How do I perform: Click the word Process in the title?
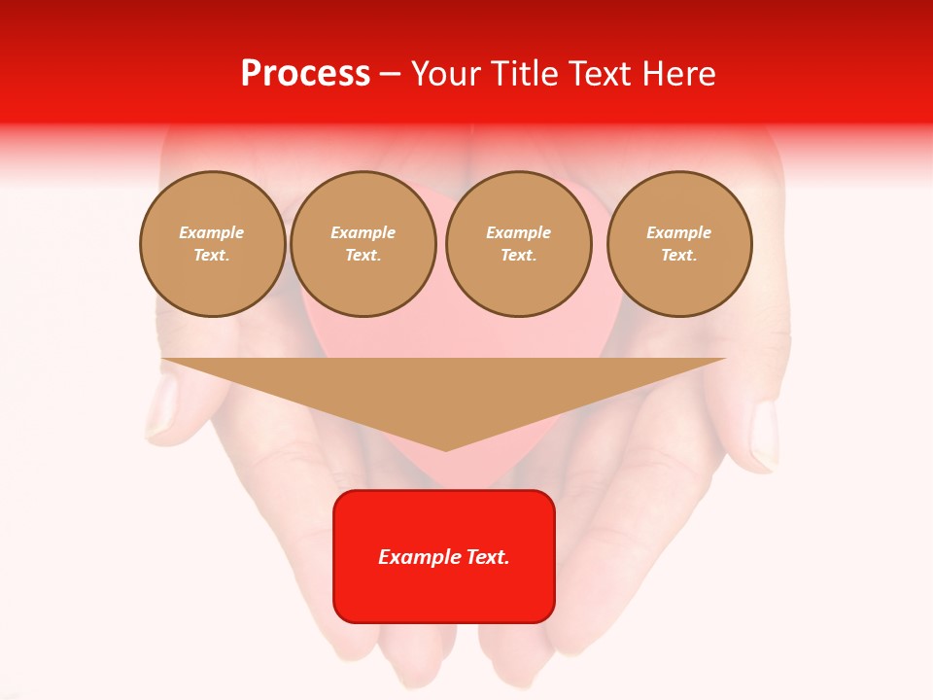[x=305, y=74]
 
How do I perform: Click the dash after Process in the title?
[x=391, y=76]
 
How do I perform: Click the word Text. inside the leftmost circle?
[x=212, y=256]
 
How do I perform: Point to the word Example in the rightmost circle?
[x=679, y=232]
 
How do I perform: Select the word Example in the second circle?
[x=363, y=232]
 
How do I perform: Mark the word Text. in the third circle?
[x=519, y=256]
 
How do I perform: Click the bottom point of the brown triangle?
[x=445, y=449]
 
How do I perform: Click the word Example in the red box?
[x=420, y=557]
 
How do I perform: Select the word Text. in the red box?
[x=488, y=557]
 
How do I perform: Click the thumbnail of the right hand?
[x=765, y=433]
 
